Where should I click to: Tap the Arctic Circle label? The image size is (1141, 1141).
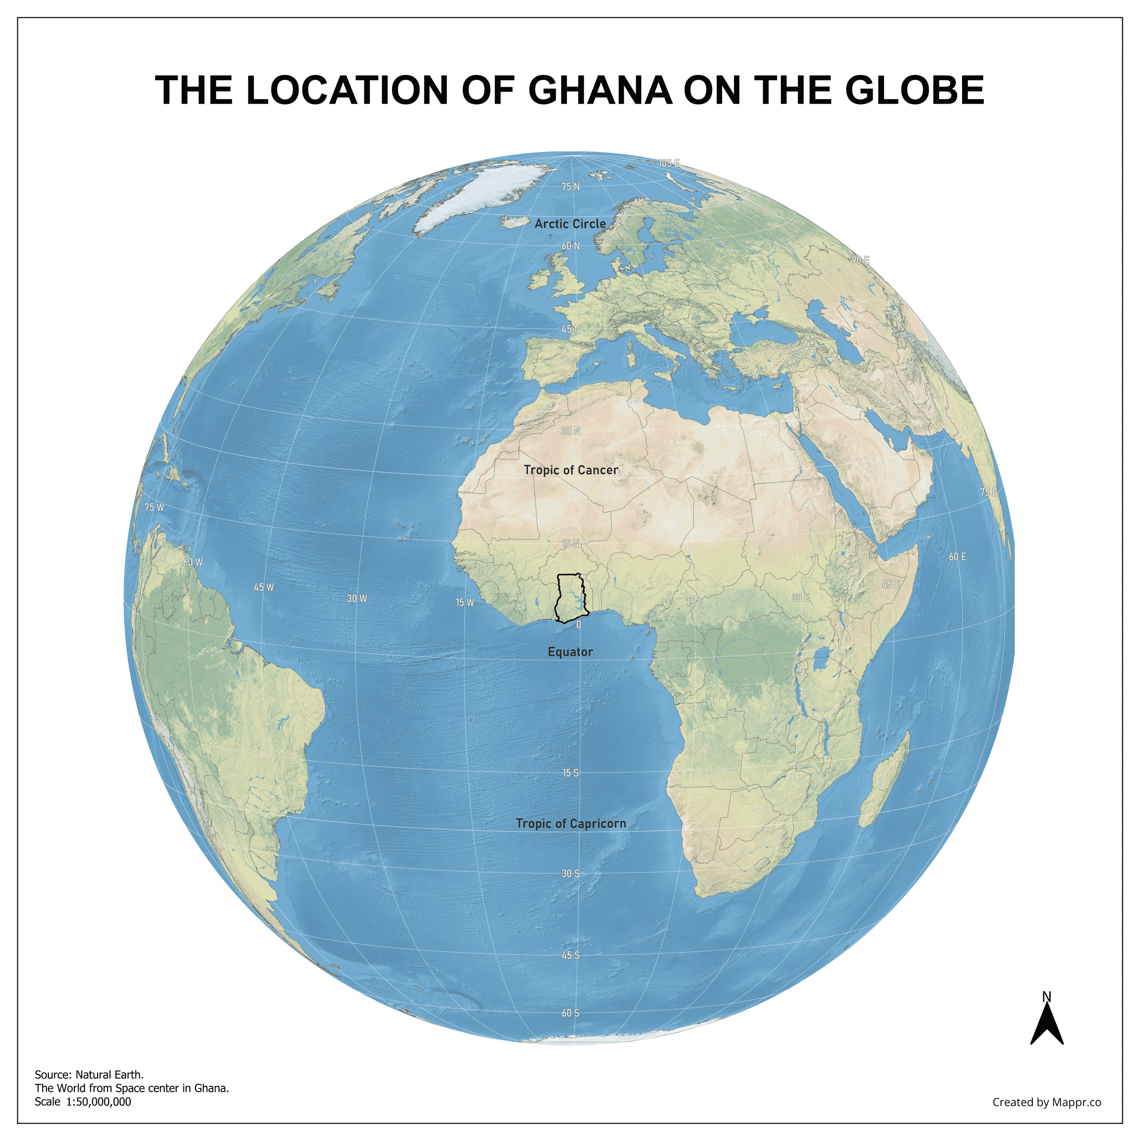point(570,224)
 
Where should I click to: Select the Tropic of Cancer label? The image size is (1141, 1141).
point(570,470)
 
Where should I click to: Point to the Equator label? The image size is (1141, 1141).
point(570,652)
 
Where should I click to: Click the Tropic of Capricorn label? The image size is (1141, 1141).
point(570,823)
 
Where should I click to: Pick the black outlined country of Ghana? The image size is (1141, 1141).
point(570,597)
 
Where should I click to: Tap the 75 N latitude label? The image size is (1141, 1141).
point(570,187)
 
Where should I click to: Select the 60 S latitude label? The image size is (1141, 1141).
point(570,1013)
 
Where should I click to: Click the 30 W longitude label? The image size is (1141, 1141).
point(357,599)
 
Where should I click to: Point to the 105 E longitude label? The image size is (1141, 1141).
point(669,163)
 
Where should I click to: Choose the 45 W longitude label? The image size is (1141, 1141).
point(263,588)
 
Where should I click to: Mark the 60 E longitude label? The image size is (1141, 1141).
point(958,557)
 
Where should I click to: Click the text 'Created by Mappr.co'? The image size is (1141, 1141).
point(1047,1102)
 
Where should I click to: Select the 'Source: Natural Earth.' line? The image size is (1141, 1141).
point(89,1075)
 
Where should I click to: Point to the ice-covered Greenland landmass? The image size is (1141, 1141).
point(490,189)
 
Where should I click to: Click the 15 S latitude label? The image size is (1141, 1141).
point(570,773)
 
